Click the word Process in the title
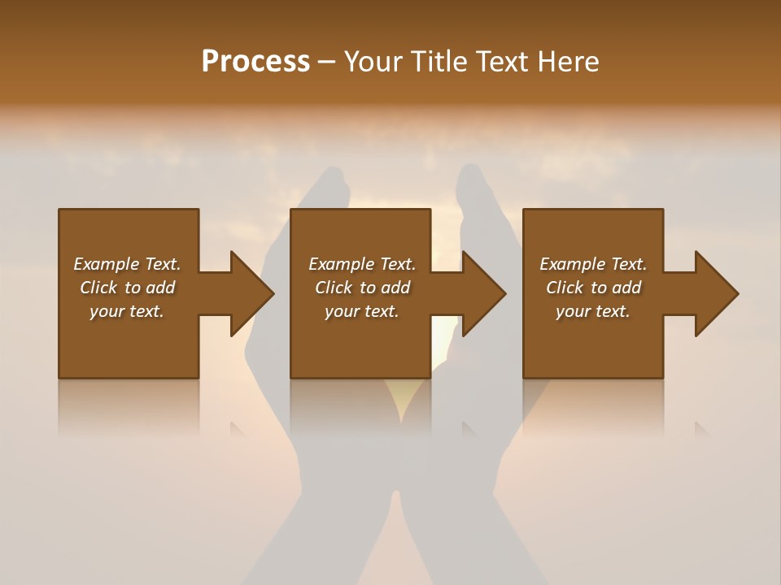(x=255, y=62)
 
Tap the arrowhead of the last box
(x=715, y=293)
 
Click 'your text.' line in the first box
(x=127, y=311)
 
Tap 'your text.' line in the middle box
(x=361, y=311)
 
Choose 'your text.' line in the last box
(x=593, y=311)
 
